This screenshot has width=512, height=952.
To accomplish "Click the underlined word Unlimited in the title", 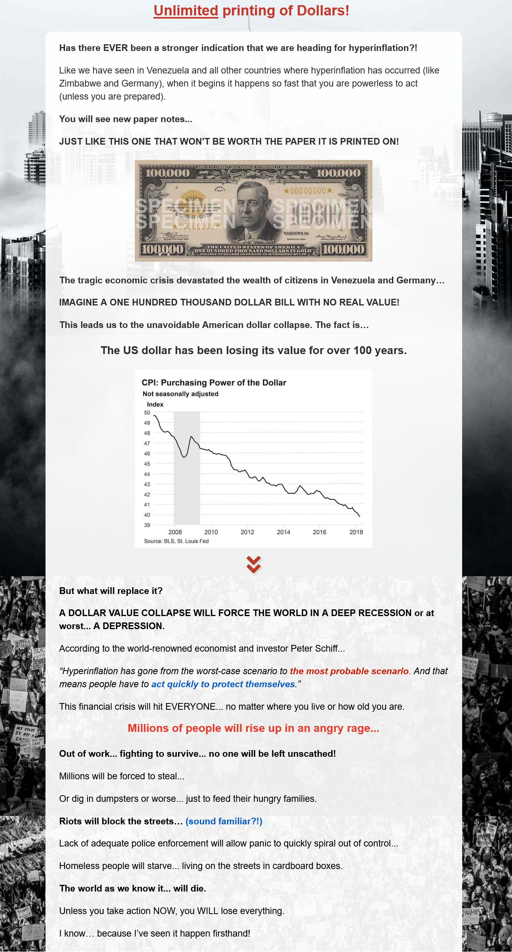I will (x=186, y=11).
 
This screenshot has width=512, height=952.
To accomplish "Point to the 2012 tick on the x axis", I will (x=247, y=532).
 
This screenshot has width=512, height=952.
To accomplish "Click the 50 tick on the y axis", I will (x=147, y=413).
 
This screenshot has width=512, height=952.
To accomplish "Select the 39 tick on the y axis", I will (x=147, y=525).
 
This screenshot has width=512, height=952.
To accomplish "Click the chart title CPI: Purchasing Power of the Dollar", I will (x=214, y=383).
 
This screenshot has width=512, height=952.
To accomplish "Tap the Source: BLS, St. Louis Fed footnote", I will (x=176, y=541).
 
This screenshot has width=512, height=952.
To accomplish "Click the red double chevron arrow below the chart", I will (x=254, y=564).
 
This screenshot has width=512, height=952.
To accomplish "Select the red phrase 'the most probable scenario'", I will (x=349, y=671).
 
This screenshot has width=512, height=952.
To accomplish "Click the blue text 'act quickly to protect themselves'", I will (x=223, y=684).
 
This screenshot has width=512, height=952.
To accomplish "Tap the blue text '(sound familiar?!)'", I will (x=224, y=821).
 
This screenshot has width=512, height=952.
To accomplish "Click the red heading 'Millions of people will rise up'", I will (x=253, y=728).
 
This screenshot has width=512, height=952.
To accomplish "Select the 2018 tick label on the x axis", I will (x=356, y=532).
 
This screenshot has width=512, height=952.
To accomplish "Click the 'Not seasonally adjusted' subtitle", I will (x=180, y=394).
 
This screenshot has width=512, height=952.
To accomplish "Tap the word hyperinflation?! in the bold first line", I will (x=383, y=48).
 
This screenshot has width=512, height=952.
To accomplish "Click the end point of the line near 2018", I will (x=360, y=516).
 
